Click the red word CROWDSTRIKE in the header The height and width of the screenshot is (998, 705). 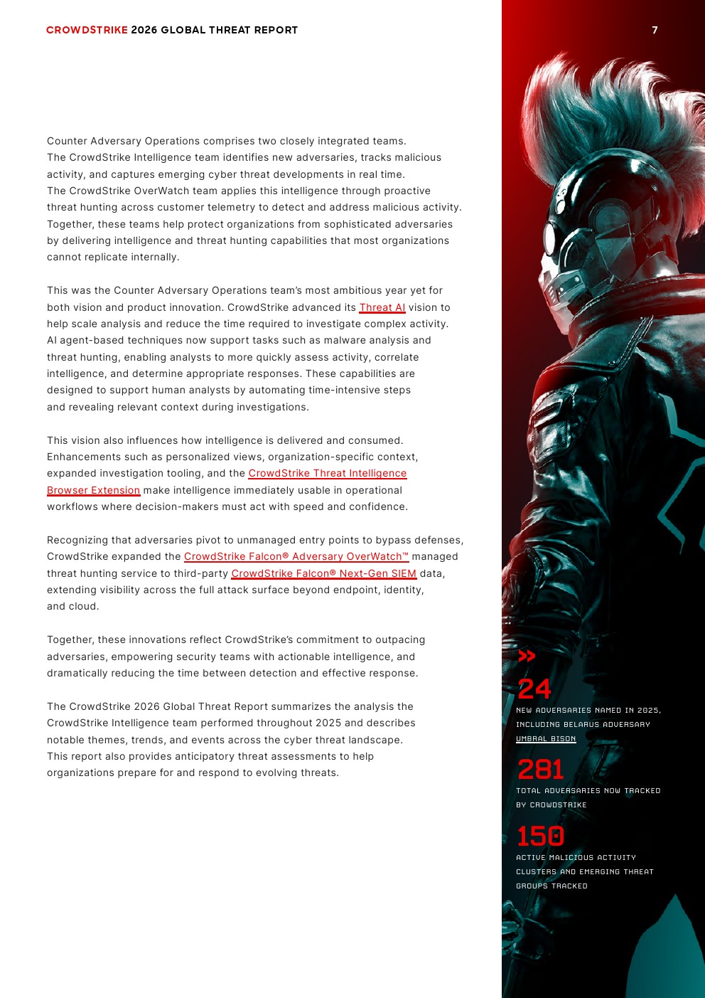(x=87, y=30)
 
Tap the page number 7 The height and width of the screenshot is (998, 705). (x=655, y=30)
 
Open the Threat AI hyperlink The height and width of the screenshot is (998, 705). (x=382, y=307)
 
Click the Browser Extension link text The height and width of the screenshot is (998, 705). (x=93, y=490)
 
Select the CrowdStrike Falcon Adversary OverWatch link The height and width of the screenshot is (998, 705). (x=296, y=556)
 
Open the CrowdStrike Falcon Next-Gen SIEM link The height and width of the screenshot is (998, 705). (x=323, y=573)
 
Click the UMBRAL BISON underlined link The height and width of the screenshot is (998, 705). (x=546, y=738)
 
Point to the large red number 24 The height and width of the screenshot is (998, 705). (x=534, y=689)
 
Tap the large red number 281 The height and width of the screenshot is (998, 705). (x=540, y=770)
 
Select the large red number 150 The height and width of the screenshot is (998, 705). (x=540, y=837)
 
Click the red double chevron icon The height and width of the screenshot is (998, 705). (x=527, y=656)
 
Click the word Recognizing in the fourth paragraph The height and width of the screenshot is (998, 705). (x=77, y=540)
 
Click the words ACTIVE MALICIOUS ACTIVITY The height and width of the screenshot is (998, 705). (x=576, y=857)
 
